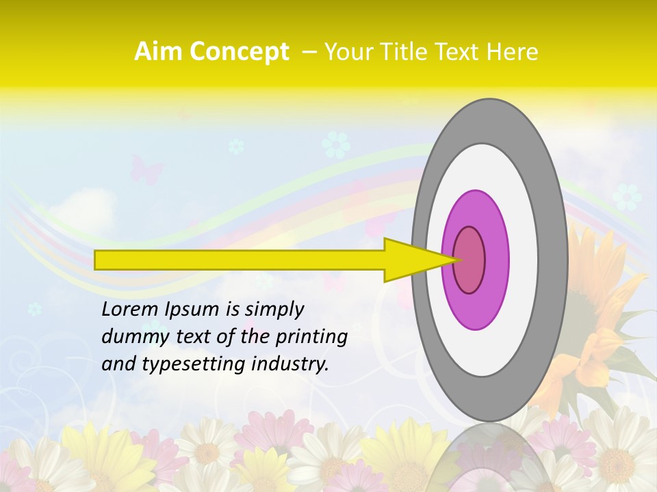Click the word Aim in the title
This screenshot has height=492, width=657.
click(x=158, y=52)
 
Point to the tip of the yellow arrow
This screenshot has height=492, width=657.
click(x=457, y=260)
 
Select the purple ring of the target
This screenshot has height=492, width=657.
click(x=496, y=260)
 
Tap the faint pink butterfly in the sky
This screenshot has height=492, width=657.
click(x=147, y=168)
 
